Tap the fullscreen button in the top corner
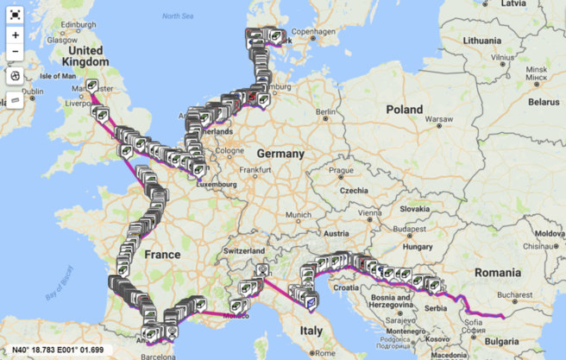[16, 15]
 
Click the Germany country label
[280, 154]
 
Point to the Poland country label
[404, 111]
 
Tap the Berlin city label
[325, 111]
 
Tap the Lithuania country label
[481, 40]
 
